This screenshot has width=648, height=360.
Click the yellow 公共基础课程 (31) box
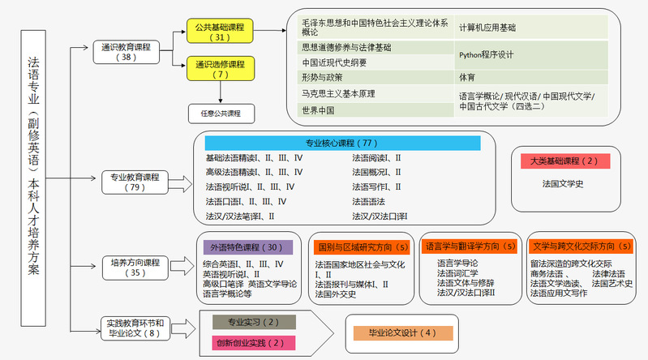click(220, 32)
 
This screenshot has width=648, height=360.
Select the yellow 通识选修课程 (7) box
click(220, 69)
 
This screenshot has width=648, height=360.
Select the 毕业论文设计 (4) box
click(402, 332)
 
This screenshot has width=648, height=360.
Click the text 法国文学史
click(563, 183)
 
